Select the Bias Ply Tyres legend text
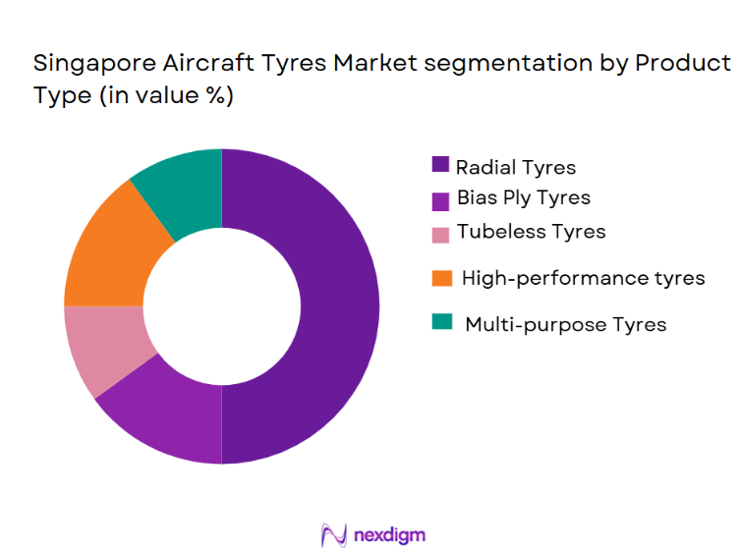pyautogui.click(x=523, y=197)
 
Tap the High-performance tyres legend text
pyautogui.click(x=583, y=278)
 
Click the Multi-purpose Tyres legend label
pyautogui.click(x=565, y=324)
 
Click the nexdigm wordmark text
pyautogui.click(x=390, y=535)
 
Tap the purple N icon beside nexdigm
pyautogui.click(x=333, y=534)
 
